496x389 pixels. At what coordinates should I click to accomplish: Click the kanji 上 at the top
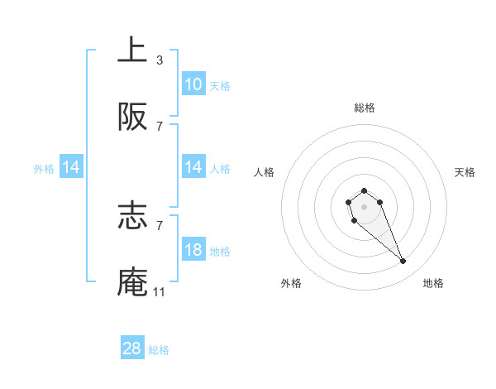(x=132, y=50)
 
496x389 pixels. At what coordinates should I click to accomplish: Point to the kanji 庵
(x=132, y=282)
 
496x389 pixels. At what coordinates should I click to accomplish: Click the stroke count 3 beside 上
(x=160, y=60)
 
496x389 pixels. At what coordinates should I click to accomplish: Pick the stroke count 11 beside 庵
(x=160, y=292)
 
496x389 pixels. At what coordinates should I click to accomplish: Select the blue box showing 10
(x=193, y=84)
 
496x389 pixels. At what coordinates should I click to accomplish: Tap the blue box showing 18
(x=193, y=250)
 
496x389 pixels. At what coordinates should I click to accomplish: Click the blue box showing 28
(x=132, y=348)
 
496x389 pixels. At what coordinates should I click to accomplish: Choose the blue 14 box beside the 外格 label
(x=71, y=167)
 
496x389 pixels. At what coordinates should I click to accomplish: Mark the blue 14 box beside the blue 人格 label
(x=193, y=167)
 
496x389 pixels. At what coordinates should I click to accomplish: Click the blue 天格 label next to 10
(x=220, y=85)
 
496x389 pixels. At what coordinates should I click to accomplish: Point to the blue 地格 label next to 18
(x=220, y=251)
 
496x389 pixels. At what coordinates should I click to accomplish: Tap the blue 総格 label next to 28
(x=159, y=349)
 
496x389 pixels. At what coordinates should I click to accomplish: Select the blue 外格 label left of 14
(x=44, y=168)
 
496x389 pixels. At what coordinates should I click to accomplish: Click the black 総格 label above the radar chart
(x=365, y=108)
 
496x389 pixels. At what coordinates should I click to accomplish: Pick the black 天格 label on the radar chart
(x=465, y=172)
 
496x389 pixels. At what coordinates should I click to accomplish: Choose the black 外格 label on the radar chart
(x=291, y=283)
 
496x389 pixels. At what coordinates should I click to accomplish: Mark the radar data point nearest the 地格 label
(x=403, y=262)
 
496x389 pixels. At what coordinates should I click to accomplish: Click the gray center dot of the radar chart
(x=364, y=206)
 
